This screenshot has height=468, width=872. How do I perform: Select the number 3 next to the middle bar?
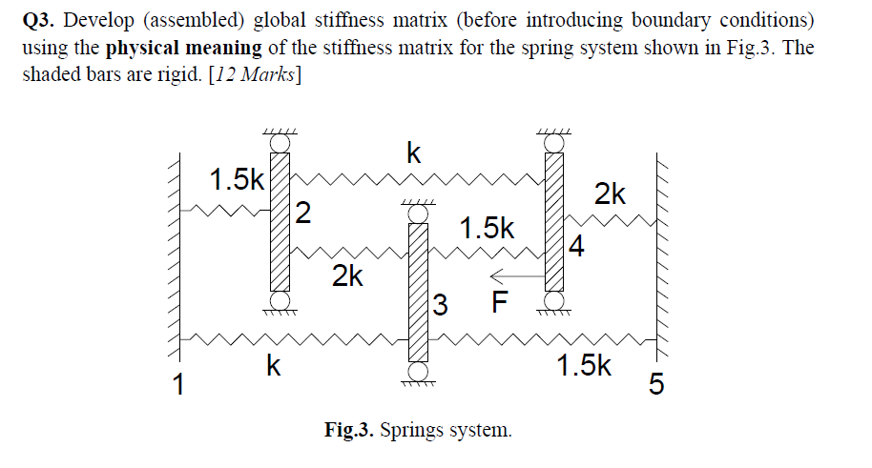(440, 306)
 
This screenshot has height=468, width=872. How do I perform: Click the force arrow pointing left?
(515, 277)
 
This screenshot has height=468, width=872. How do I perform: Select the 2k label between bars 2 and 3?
(347, 277)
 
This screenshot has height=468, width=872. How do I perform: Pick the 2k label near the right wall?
(611, 195)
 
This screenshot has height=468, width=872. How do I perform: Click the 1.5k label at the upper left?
(237, 179)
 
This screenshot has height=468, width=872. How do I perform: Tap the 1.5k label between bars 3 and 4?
(487, 229)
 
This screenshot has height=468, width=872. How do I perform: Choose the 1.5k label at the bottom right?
(583, 365)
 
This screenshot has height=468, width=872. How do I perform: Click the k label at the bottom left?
(273, 366)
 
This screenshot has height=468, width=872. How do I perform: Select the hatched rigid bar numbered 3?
(417, 292)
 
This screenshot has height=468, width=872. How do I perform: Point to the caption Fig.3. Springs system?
(418, 430)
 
